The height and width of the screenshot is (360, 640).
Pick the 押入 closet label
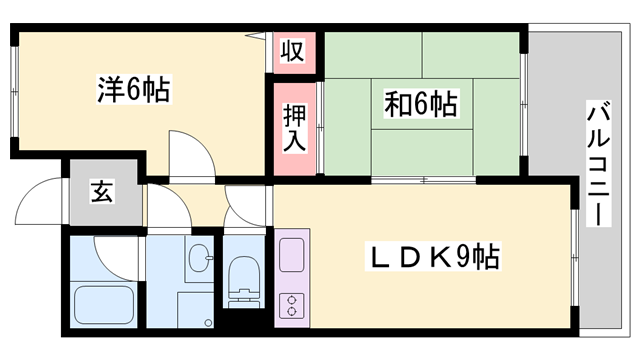pyautogui.click(x=291, y=126)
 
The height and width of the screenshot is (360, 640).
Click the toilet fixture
pyautogui.click(x=243, y=279)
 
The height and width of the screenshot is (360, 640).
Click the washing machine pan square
pyautogui.click(x=194, y=308)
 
